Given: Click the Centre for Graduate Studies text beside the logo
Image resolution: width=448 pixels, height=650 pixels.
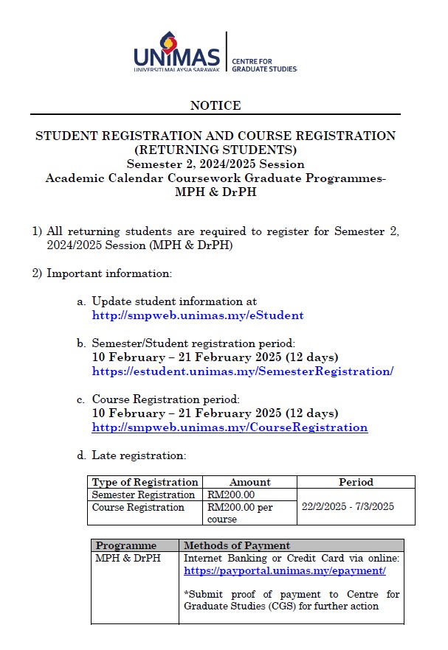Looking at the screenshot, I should click(x=263, y=64).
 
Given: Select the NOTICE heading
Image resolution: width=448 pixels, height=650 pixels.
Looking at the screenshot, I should click(x=216, y=105).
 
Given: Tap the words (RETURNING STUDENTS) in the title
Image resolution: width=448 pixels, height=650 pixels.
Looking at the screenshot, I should click(x=216, y=150).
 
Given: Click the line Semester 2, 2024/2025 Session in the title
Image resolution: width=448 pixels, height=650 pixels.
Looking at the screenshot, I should click(x=216, y=164).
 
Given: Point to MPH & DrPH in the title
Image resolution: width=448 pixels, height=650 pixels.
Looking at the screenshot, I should click(x=216, y=192).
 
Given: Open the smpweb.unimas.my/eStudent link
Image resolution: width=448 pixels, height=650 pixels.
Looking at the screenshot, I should click(x=197, y=315).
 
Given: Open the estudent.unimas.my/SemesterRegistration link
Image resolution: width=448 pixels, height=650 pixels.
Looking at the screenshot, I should click(x=242, y=371).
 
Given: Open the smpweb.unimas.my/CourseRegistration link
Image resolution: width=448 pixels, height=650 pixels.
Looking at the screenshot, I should click(x=230, y=427).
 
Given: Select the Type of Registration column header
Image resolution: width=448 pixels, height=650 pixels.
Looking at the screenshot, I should click(x=145, y=482).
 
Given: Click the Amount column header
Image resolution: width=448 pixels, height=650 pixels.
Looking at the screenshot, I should click(x=249, y=482).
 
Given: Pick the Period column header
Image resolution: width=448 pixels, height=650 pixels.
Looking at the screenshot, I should click(x=356, y=482).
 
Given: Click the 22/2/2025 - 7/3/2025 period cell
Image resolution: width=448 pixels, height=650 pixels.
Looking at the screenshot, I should click(x=348, y=506).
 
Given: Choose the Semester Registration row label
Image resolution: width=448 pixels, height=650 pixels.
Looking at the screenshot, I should click(x=143, y=495).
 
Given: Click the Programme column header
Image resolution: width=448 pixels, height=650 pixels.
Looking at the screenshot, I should click(x=126, y=545).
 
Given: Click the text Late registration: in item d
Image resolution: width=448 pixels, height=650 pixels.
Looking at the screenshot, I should click(x=139, y=455).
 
